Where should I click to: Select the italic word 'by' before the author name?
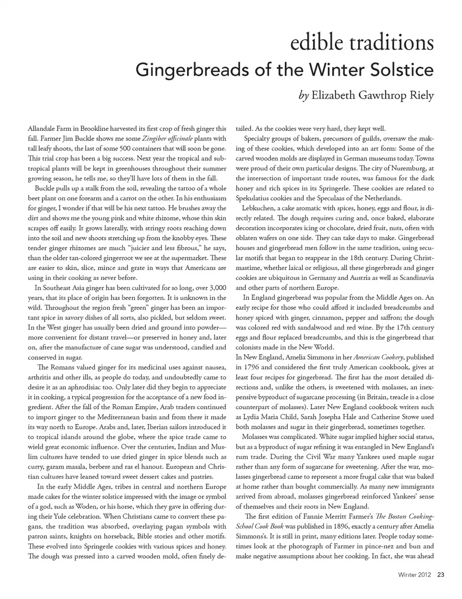(x=303, y=95)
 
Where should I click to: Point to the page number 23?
(x=440, y=574)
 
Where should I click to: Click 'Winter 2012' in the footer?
(x=414, y=574)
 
